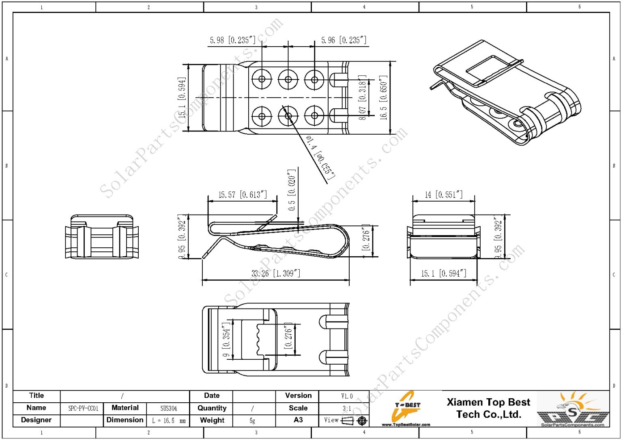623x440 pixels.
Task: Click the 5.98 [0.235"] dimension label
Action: click(x=233, y=40)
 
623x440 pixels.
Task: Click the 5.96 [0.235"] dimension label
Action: click(x=344, y=40)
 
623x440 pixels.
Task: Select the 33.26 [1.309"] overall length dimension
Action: click(x=276, y=273)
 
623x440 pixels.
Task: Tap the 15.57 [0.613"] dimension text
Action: click(x=243, y=195)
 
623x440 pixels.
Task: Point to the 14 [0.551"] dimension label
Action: click(x=443, y=195)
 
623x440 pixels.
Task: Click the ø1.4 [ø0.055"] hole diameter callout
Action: click(x=320, y=158)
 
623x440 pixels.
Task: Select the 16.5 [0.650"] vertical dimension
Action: click(x=383, y=97)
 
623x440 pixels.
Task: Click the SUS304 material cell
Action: click(x=168, y=408)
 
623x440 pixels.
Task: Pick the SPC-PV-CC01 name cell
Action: click(x=83, y=408)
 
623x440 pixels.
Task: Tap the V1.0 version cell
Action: click(x=347, y=396)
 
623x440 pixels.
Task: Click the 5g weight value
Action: click(x=252, y=421)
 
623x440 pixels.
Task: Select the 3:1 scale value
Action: click(x=347, y=408)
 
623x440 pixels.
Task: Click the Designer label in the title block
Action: click(x=36, y=420)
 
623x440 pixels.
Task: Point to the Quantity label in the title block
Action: click(x=212, y=408)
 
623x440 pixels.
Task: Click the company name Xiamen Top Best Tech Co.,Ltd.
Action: click(x=488, y=408)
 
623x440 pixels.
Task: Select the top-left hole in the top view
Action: click(x=262, y=79)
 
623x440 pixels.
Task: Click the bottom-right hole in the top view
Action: click(x=314, y=116)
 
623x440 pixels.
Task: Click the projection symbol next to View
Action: click(x=355, y=421)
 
